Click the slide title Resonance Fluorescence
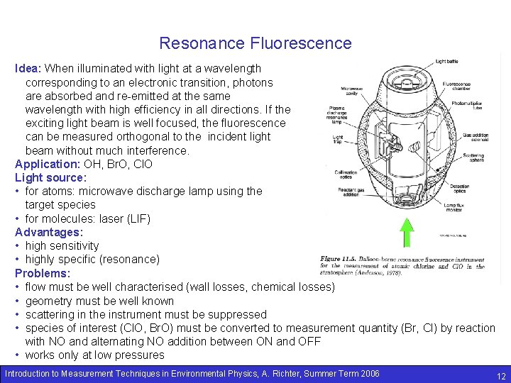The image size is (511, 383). tap(255, 43)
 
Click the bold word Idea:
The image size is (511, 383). tap(28, 69)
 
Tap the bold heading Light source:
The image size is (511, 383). tap(50, 177)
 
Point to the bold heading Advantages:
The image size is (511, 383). tap(49, 232)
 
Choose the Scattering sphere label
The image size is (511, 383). tap(475, 158)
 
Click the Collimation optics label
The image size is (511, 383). tap(347, 173)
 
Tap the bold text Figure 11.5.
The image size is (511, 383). tap(339, 259)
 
